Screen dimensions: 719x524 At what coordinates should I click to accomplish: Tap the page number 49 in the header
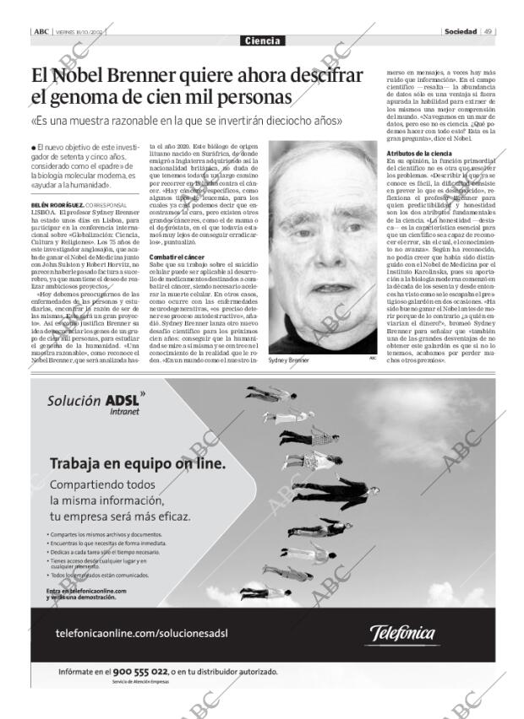489,31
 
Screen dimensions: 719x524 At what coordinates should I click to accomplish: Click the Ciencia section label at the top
261,41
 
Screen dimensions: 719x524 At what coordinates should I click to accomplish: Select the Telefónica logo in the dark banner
415,633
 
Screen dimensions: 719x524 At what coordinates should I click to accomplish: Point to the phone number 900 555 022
145,672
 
